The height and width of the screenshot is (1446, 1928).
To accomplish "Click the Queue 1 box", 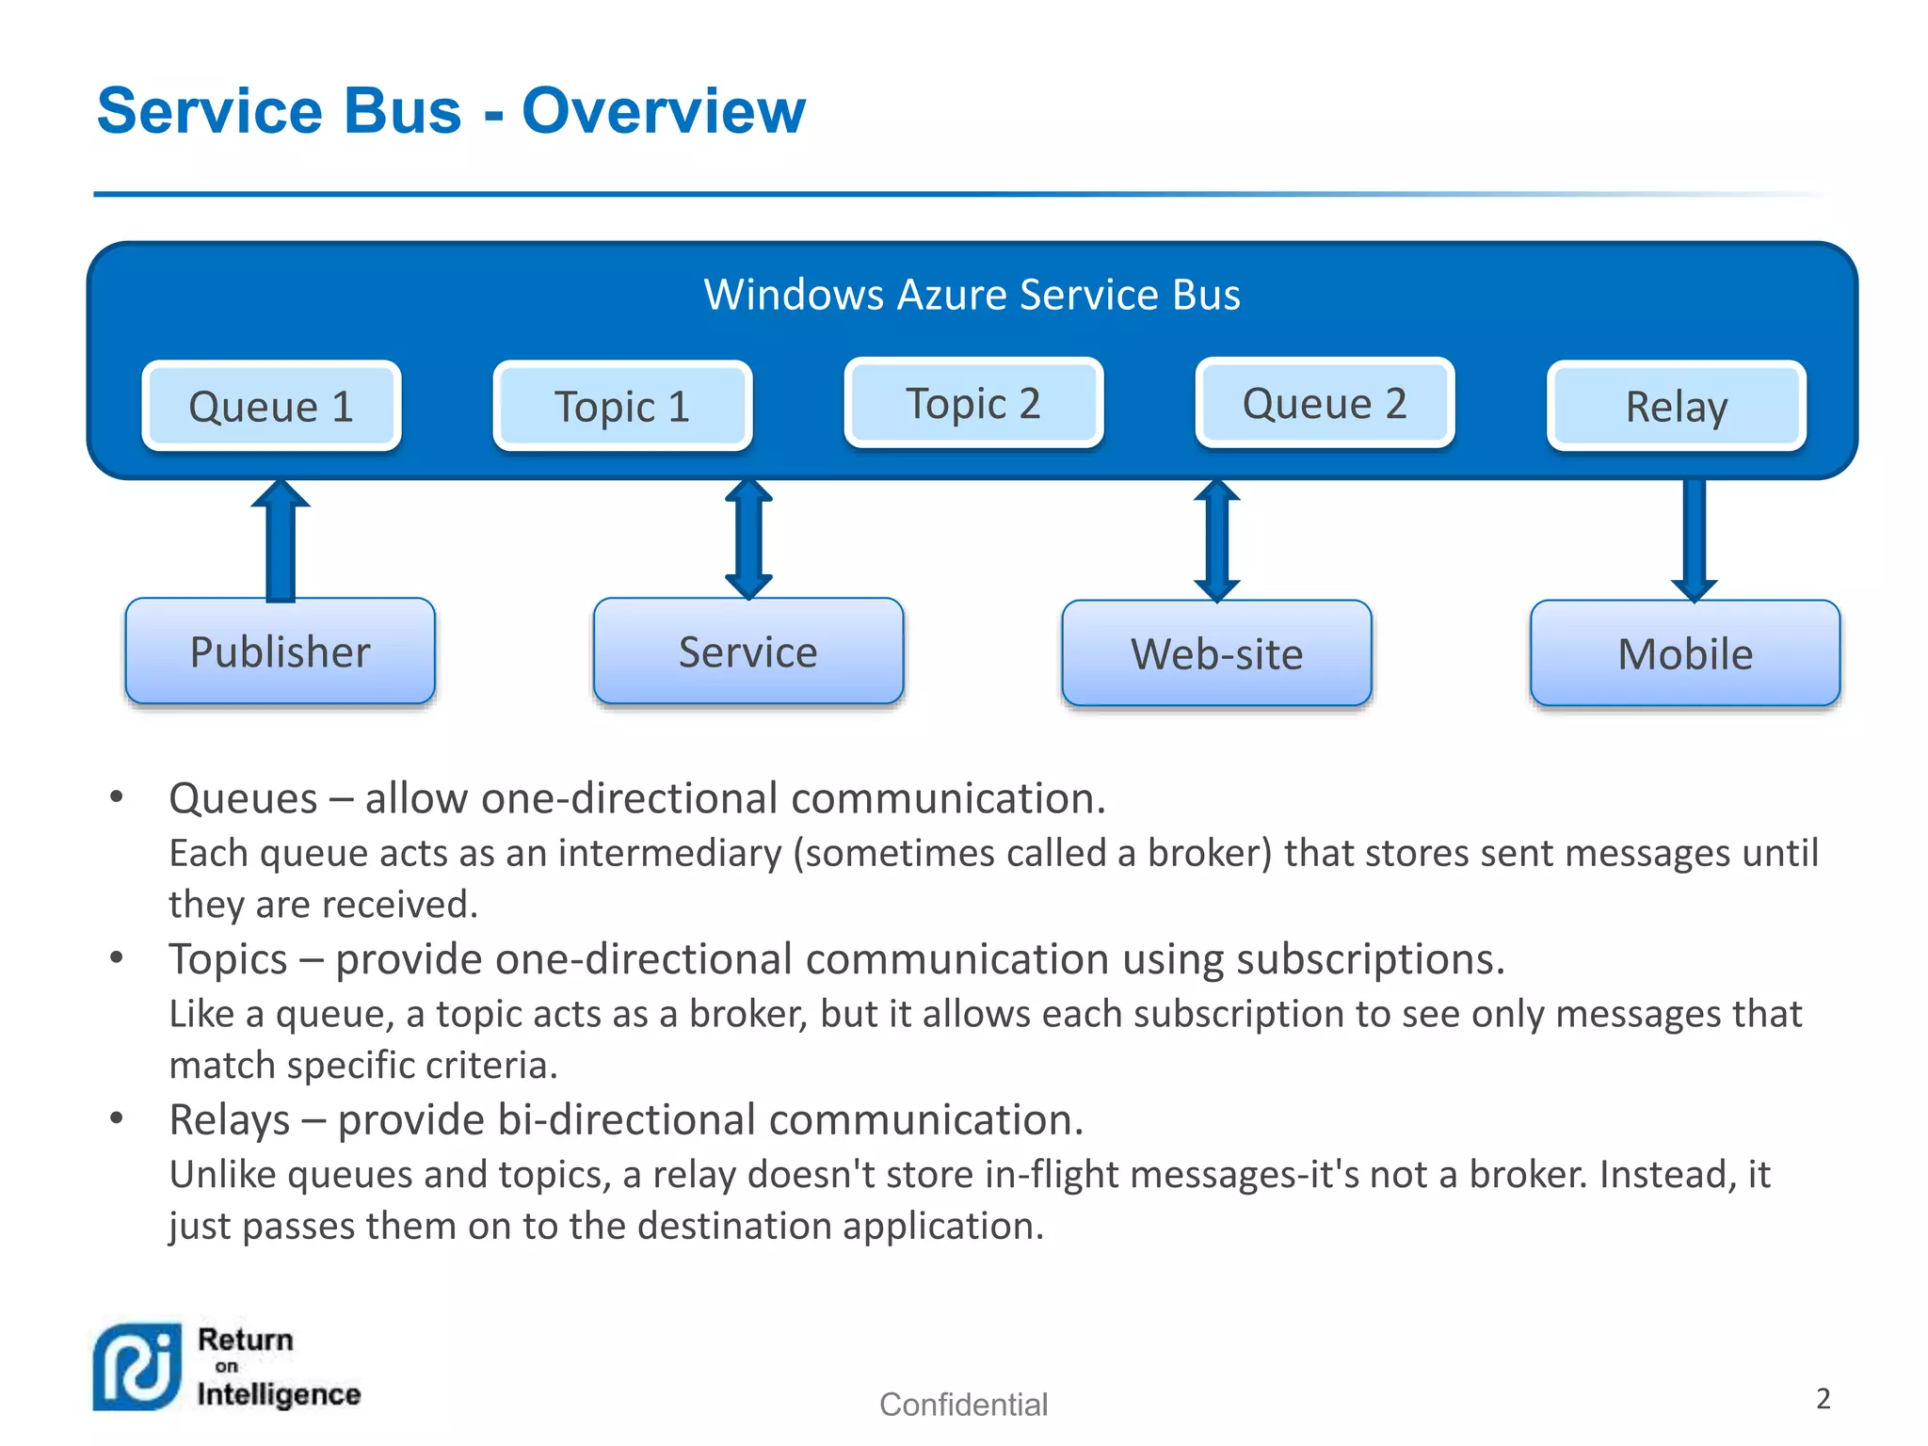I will pyautogui.click(x=271, y=406).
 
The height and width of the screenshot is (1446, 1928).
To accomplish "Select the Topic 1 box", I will pyautogui.click(x=622, y=406).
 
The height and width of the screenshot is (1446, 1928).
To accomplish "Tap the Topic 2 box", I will pyautogui.click(x=973, y=403).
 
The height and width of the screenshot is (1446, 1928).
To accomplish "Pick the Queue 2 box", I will pyautogui.click(x=1325, y=403).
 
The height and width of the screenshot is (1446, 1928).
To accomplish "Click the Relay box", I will pyautogui.click(x=1676, y=406).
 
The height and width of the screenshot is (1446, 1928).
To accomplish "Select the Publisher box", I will pyautogui.click(x=280, y=651).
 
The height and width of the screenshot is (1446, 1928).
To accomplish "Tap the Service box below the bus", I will pyautogui.click(x=748, y=651).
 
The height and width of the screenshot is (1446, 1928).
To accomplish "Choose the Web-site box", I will pyautogui.click(x=1216, y=653).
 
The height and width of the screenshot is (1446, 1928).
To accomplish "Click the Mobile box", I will pyautogui.click(x=1685, y=653).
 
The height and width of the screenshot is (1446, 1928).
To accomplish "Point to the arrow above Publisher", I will pyautogui.click(x=281, y=541).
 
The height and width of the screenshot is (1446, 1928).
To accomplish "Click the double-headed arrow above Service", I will pyautogui.click(x=748, y=539).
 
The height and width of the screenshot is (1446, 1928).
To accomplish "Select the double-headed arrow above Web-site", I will pyautogui.click(x=1216, y=540).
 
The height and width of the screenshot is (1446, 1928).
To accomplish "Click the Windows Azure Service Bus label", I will pyautogui.click(x=972, y=295).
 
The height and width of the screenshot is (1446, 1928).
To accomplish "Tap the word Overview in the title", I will pyautogui.click(x=663, y=111).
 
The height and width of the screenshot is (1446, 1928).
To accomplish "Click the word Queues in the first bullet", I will pyautogui.click(x=243, y=798).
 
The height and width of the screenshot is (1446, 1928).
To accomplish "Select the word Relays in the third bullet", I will pyautogui.click(x=229, y=1120).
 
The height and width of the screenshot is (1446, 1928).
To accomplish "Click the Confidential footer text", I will pyautogui.click(x=963, y=1404).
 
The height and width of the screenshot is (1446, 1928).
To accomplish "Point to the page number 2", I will pyautogui.click(x=1823, y=1398).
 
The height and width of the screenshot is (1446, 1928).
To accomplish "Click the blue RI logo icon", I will pyautogui.click(x=137, y=1367).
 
